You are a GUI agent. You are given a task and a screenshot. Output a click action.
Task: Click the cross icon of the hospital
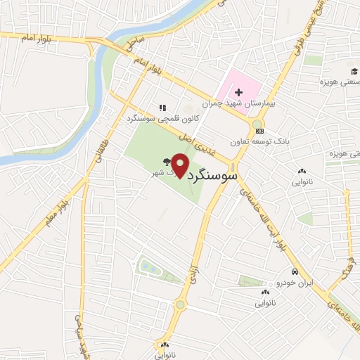(238, 92)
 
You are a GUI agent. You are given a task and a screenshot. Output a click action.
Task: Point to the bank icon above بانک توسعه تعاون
(259, 131)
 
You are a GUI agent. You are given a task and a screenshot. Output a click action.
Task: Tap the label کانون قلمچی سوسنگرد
(169, 119)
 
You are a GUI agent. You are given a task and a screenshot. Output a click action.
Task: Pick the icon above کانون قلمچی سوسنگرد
(162, 108)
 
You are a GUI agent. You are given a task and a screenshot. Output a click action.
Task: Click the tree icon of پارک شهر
(167, 161)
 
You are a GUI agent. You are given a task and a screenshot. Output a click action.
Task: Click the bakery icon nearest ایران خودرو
(265, 292)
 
